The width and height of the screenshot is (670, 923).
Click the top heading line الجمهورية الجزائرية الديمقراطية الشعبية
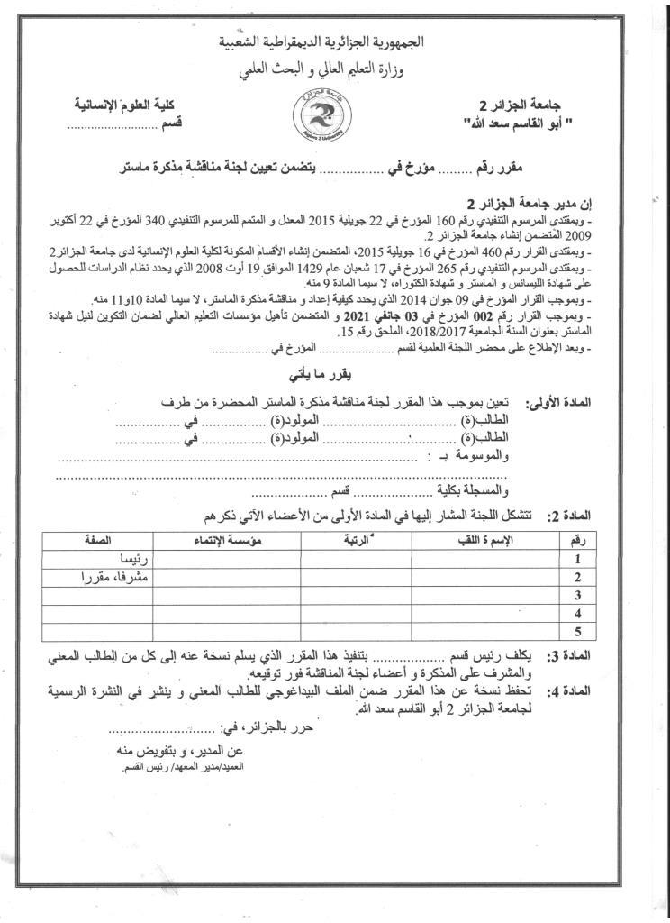(x=334, y=43)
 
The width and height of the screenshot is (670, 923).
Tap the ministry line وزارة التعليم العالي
(x=335, y=66)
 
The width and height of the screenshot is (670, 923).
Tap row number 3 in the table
(x=576, y=596)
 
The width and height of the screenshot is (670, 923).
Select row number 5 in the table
(x=576, y=632)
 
